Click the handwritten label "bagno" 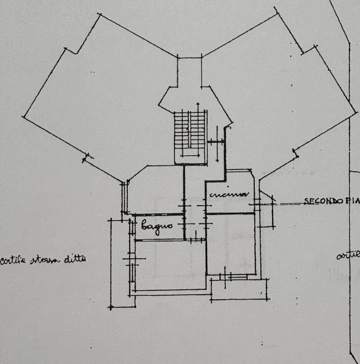click(157, 225)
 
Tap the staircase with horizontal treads click(189, 133)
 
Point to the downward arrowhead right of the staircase click(217, 159)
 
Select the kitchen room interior click(230, 202)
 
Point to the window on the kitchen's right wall click(256, 204)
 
